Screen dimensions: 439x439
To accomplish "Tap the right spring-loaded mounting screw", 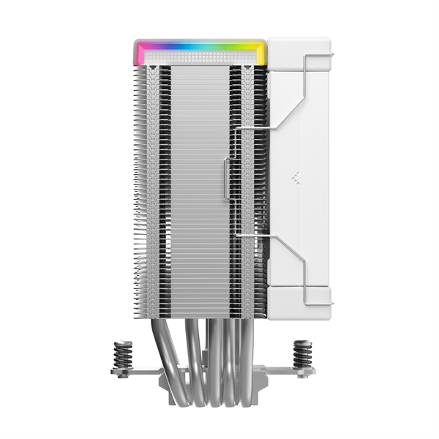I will [301, 355].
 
